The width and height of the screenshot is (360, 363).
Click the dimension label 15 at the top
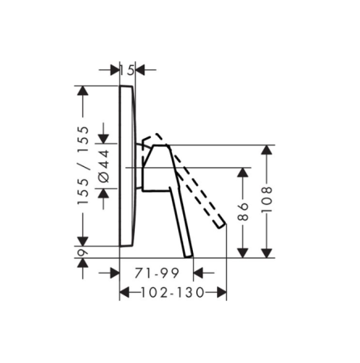point(127,70)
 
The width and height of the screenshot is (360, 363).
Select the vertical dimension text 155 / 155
point(83,165)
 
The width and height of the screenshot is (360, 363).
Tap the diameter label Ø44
point(104,166)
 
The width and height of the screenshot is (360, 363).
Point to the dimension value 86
point(243,211)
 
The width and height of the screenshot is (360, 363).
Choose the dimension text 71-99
point(157,273)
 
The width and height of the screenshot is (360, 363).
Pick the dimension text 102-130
point(173,293)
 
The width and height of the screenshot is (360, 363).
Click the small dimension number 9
point(83,252)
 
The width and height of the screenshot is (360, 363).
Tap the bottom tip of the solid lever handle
point(189,257)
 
